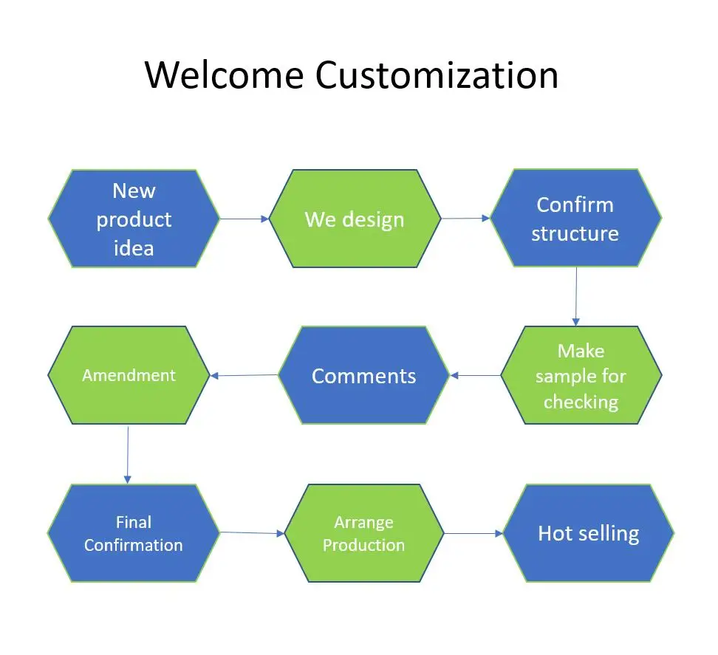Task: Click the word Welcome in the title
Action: coord(225,75)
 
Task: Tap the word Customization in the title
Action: coord(437,75)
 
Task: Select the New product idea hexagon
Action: coord(134,219)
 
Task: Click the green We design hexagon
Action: coord(355,219)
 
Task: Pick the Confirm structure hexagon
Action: coord(575,218)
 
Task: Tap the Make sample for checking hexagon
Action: coord(581,375)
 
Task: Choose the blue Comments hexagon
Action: coord(364,375)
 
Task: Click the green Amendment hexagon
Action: coord(129,375)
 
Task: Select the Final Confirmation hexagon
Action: coord(134,533)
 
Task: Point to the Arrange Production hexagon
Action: coord(364,533)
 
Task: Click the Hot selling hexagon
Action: coord(589,533)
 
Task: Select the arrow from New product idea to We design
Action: coord(245,219)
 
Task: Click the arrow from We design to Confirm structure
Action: coord(465,219)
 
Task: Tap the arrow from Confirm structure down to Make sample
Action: coord(576,297)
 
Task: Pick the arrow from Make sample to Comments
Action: coord(475,375)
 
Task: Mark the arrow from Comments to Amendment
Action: coord(244,375)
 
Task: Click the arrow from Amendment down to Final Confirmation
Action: coord(128,455)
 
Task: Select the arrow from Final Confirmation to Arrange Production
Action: coord(253,533)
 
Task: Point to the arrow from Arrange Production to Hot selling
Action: coord(473,533)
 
